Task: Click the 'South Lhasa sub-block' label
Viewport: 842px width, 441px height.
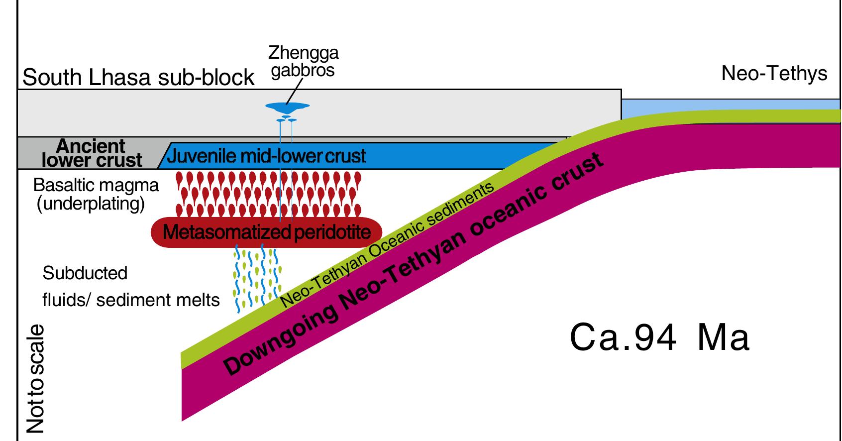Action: pos(138,78)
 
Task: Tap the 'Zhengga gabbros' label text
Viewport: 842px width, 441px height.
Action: pos(303,61)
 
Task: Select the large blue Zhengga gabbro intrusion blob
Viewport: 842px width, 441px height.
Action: pos(287,106)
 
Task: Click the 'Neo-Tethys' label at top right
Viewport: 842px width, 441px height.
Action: pos(774,74)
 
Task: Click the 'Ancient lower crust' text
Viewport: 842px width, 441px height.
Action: pos(92,153)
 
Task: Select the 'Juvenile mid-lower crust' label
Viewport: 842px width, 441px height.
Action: pos(266,156)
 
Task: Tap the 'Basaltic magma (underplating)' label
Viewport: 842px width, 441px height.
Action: pos(96,194)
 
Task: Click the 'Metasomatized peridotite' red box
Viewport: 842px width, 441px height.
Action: pos(267,232)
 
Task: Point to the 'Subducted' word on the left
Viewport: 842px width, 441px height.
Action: pos(85,273)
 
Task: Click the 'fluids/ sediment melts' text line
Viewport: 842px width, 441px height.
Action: pos(131,300)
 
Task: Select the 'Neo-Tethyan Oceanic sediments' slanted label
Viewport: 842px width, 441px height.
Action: pos(388,244)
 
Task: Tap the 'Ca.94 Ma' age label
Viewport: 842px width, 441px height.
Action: pos(659,337)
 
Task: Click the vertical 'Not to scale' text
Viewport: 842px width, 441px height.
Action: pos(35,378)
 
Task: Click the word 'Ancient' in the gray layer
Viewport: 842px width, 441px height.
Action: pos(91,146)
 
